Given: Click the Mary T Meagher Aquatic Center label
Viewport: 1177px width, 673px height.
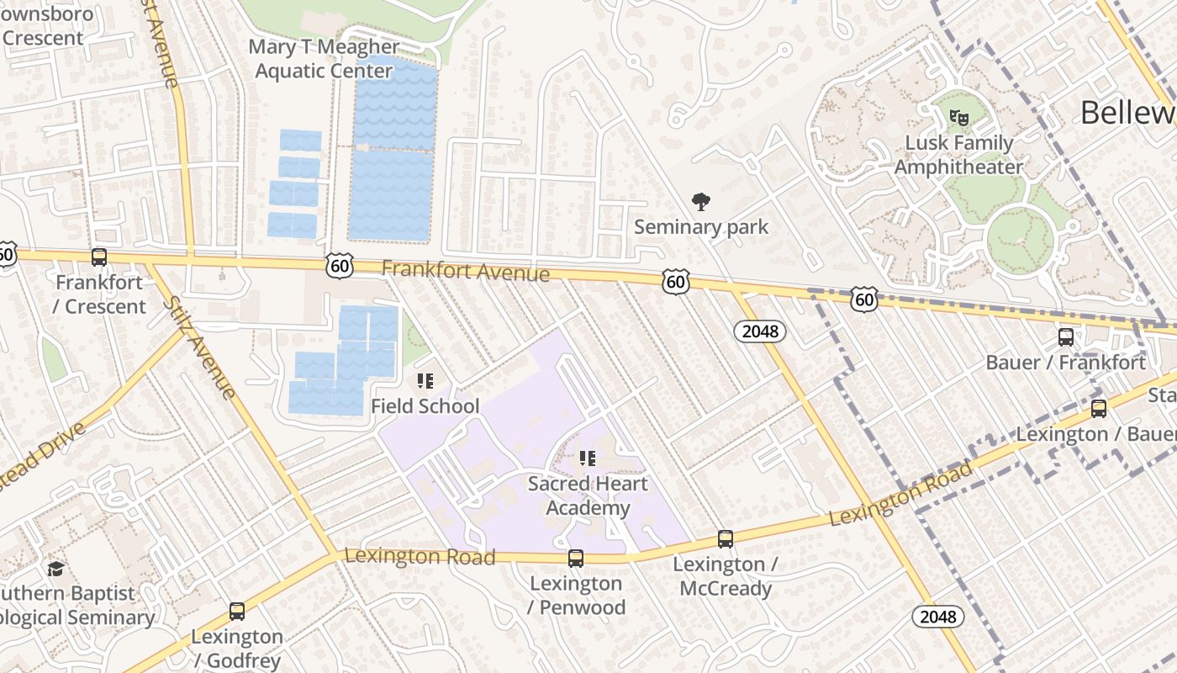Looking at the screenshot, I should point(323,59).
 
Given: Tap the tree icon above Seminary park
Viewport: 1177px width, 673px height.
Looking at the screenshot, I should point(700,202).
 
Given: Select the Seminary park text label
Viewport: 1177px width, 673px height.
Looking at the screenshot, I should point(700,227).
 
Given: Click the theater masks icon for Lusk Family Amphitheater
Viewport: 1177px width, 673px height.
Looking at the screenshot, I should point(958,117).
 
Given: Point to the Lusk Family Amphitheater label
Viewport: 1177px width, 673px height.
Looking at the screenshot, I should point(958,155).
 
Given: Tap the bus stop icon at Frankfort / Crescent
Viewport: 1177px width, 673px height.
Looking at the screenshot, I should point(99,257).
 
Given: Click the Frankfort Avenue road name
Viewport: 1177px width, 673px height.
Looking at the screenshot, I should point(465,271).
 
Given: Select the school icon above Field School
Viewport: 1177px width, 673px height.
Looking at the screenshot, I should point(425,382).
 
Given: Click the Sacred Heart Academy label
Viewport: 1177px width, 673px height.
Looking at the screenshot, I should point(588,495).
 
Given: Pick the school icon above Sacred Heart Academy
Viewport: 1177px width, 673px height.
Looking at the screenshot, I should point(588,458).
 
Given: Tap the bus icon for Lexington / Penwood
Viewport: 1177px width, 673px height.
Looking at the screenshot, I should point(576,559).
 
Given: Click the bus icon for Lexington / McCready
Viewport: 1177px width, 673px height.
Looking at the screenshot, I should point(726,539).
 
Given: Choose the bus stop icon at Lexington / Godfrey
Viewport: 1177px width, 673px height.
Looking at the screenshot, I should point(237,612).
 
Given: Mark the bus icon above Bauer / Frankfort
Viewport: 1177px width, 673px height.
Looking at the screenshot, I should point(1066,337).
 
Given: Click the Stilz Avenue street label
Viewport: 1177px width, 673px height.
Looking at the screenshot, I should point(198,347).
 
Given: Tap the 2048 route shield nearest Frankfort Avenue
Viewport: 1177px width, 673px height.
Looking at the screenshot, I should point(760,331).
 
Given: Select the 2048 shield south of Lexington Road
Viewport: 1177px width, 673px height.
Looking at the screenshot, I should point(938,617).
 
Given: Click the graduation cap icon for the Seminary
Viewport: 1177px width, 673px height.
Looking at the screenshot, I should point(56,570).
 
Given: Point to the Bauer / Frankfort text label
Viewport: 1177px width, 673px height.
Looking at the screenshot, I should point(1065,363).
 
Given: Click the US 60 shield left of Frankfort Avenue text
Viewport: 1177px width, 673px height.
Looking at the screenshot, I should point(340,266).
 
